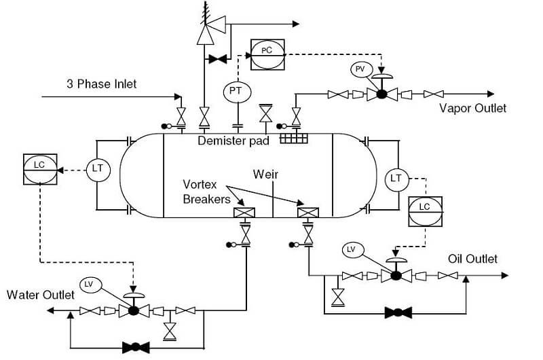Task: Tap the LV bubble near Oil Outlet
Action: click(x=351, y=249)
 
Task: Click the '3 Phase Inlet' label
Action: click(x=101, y=84)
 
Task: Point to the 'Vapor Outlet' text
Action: click(x=472, y=108)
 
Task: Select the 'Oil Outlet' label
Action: click(x=472, y=259)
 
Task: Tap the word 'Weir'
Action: click(x=265, y=175)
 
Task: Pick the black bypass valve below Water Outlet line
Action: click(x=135, y=347)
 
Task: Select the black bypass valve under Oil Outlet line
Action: click(x=398, y=313)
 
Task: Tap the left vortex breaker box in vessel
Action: click(x=244, y=213)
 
